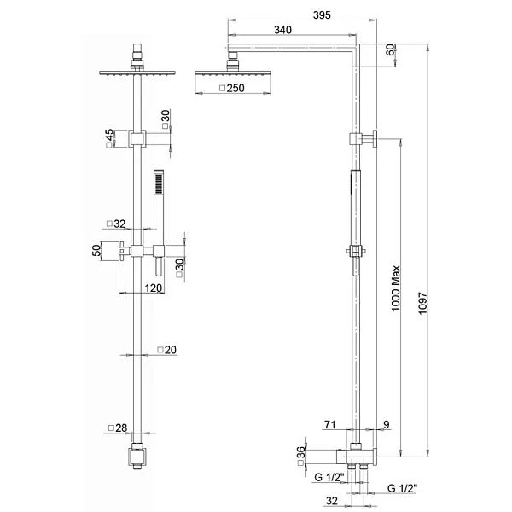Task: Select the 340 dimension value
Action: coord(284,31)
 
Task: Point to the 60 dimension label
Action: coord(391,50)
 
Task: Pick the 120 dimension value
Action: coord(153,288)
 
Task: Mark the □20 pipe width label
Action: coord(166,350)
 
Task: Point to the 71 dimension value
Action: coord(331,424)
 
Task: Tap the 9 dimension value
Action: coord(387,424)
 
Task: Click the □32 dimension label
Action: coord(116,224)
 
